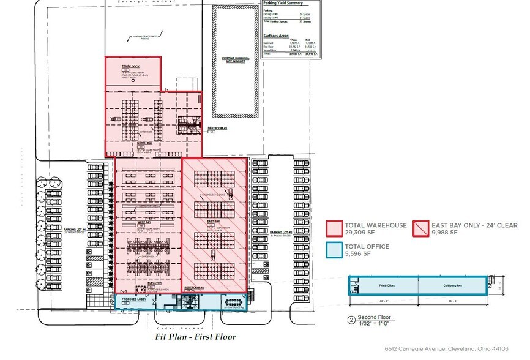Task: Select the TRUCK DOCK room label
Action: click(130, 66)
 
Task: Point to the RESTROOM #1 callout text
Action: click(217, 128)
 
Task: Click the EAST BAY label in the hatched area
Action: click(214, 221)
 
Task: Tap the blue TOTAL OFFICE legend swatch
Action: click(334, 249)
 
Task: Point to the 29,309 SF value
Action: click(360, 233)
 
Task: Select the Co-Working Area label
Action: click(453, 285)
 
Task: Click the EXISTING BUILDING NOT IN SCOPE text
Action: click(234, 60)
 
